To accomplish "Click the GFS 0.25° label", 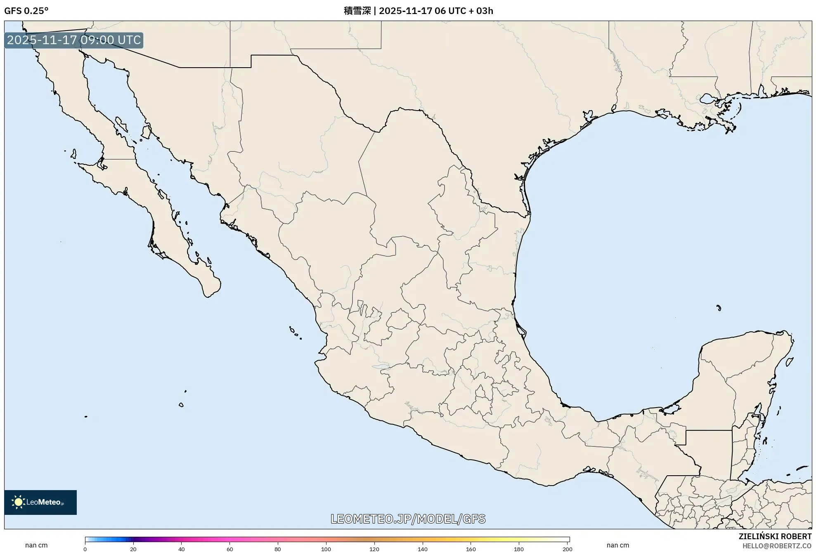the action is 26,11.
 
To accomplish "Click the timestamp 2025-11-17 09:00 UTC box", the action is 74,40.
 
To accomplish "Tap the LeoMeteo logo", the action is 40,502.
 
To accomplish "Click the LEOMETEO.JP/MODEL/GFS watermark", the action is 408,519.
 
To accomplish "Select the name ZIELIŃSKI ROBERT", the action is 775,536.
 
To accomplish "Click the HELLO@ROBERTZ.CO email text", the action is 776,546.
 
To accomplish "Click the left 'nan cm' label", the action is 36,545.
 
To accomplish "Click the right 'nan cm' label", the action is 617,545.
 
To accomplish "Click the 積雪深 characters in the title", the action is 357,11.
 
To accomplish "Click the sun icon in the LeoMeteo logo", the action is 18,502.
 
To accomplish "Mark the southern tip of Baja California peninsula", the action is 208,295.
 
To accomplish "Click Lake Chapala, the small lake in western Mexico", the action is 381,366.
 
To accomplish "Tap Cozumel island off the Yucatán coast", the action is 789,362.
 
